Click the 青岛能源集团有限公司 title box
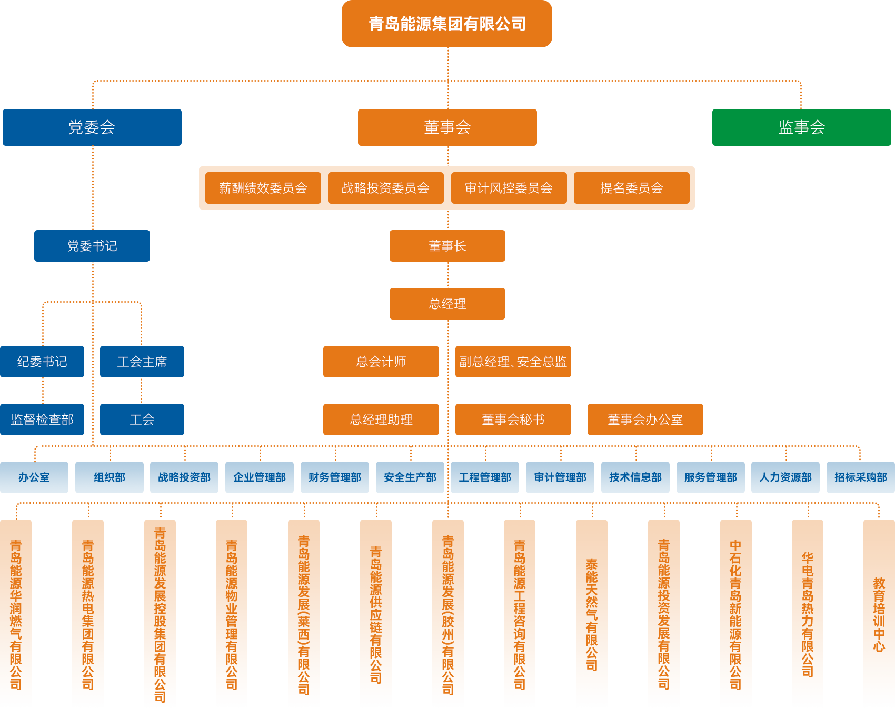[446, 24]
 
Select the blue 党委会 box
[92, 127]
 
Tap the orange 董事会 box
[447, 127]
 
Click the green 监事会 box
[801, 127]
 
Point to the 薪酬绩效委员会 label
[263, 188]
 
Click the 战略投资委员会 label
[385, 188]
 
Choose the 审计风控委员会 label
[509, 188]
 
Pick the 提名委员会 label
[631, 188]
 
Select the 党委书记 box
[92, 246]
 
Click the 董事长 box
[447, 246]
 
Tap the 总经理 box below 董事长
[447, 304]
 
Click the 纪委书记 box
[42, 362]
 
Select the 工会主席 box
[142, 362]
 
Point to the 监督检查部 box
[42, 420]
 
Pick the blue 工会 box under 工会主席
[142, 420]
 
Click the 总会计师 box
[381, 362]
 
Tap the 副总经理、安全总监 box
[513, 362]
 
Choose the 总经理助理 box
[381, 420]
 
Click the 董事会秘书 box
[513, 420]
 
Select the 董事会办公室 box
[645, 420]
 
